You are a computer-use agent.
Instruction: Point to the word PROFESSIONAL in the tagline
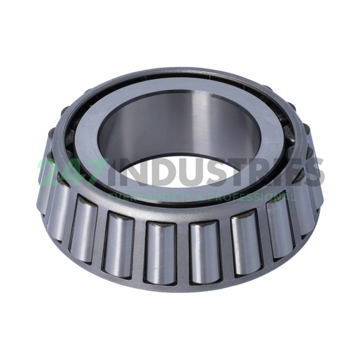[x=244, y=197]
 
